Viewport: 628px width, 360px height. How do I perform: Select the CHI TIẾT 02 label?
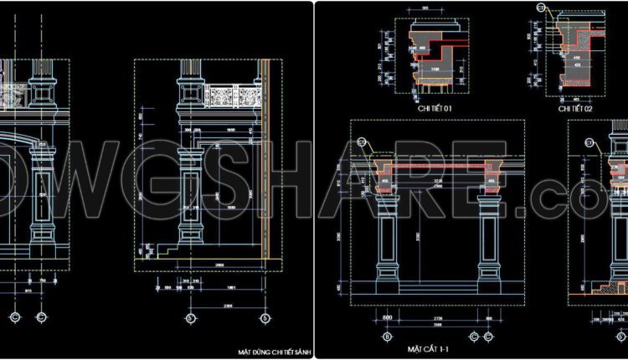pos(575,109)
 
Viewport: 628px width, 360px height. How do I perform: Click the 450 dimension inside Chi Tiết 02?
pos(576,59)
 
